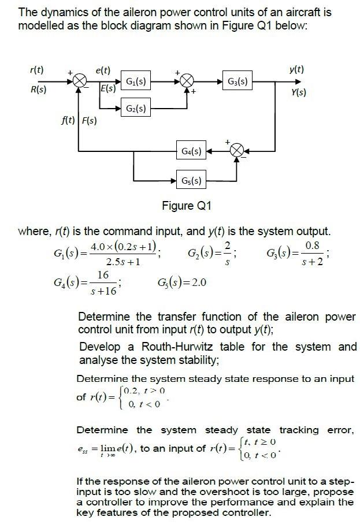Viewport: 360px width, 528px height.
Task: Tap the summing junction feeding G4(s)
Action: coord(237,152)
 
